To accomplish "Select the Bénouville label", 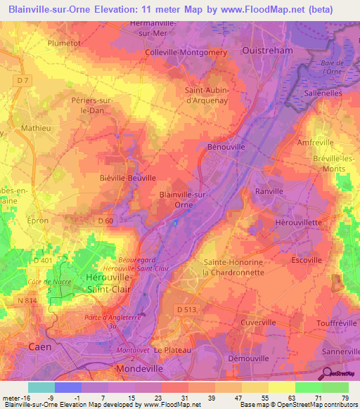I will coord(226,148).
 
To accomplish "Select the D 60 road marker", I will coord(105,222).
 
